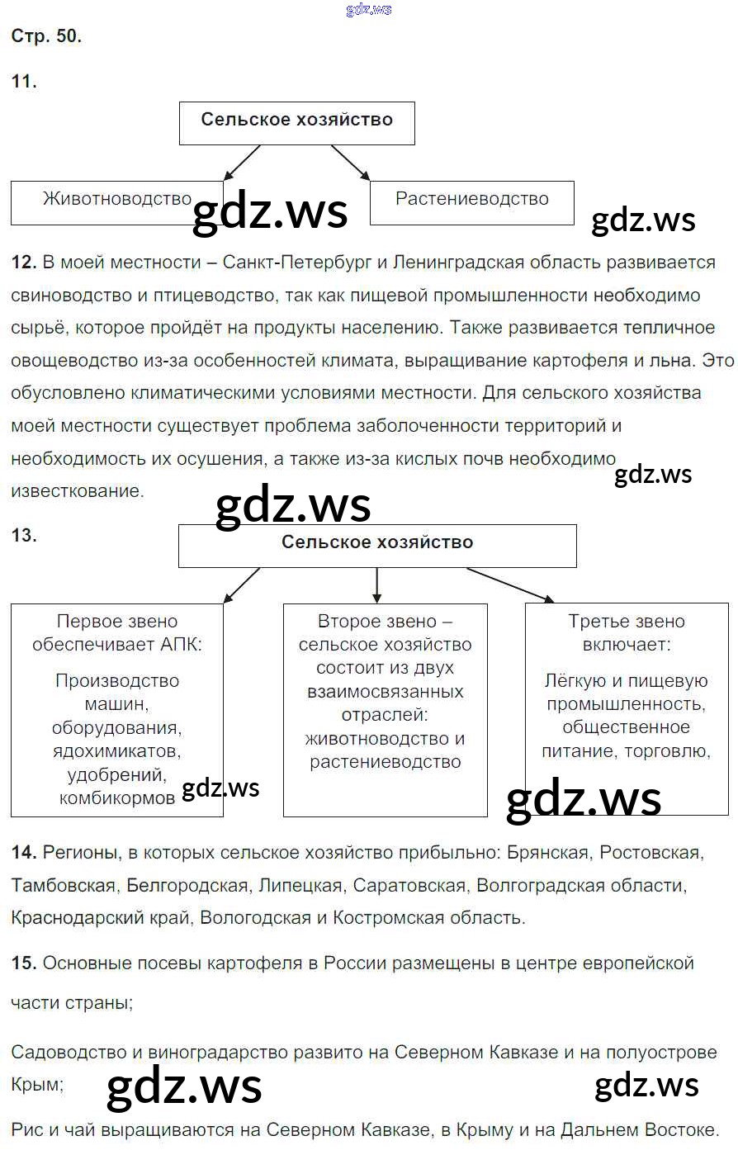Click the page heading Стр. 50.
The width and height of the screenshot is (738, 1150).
tap(46, 36)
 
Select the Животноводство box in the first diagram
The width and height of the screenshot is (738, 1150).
tap(116, 203)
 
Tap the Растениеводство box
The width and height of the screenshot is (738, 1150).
tap(471, 203)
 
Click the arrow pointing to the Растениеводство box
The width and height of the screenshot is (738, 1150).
tap(350, 162)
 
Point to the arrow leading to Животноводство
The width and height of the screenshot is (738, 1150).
tap(242, 162)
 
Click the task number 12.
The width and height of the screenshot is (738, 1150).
tap(24, 263)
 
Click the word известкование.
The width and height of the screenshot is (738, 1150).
tap(77, 491)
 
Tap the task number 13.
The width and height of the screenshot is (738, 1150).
tap(24, 535)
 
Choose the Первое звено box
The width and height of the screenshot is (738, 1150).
tap(116, 710)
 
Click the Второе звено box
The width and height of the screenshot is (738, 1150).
tap(385, 710)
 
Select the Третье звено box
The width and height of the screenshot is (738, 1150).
tap(627, 710)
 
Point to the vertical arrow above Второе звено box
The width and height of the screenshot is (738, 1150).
tap(377, 585)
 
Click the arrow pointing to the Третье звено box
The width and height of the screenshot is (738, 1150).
tap(510, 584)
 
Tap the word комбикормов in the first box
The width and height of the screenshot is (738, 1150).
tap(116, 798)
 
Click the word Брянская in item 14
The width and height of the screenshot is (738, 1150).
tap(547, 853)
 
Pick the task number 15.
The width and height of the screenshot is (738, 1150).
tap(24, 963)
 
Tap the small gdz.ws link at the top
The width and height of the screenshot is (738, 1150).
tap(369, 9)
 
